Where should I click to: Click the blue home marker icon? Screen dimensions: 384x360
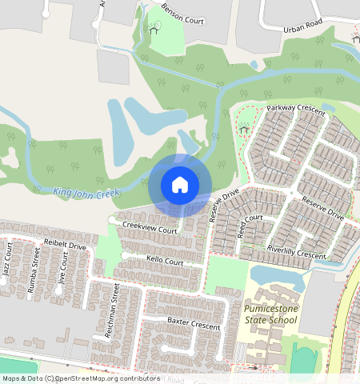180,185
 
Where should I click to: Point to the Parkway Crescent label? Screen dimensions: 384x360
296,109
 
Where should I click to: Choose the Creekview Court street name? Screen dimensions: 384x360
149,229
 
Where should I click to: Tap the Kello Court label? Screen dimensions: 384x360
165,261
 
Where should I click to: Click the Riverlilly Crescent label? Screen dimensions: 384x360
297,253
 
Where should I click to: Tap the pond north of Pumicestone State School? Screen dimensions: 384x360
278,277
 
